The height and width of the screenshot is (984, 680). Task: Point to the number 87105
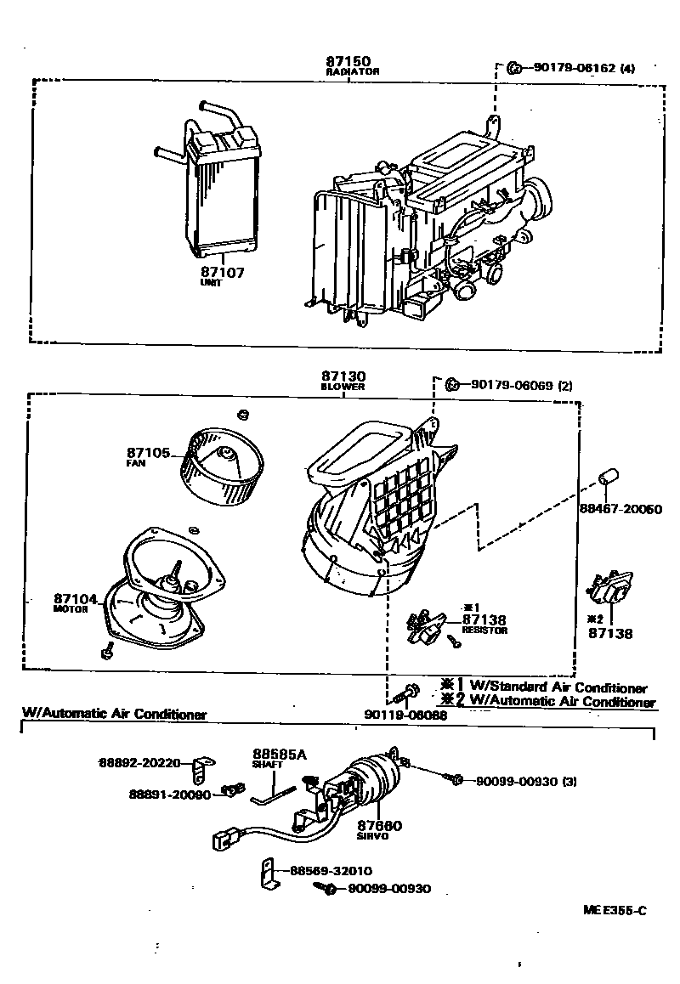[x=149, y=453]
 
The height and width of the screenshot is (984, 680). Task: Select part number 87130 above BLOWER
[x=343, y=376]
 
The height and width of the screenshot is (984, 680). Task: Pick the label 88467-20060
[x=619, y=509]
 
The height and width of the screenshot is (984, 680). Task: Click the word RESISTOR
[x=484, y=631]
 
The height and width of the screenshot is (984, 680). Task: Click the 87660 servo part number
[x=379, y=825]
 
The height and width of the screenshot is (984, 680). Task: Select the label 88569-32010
[x=330, y=871]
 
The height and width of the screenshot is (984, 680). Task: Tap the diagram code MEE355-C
[x=615, y=911]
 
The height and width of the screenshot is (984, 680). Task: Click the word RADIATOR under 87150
[x=352, y=72]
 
